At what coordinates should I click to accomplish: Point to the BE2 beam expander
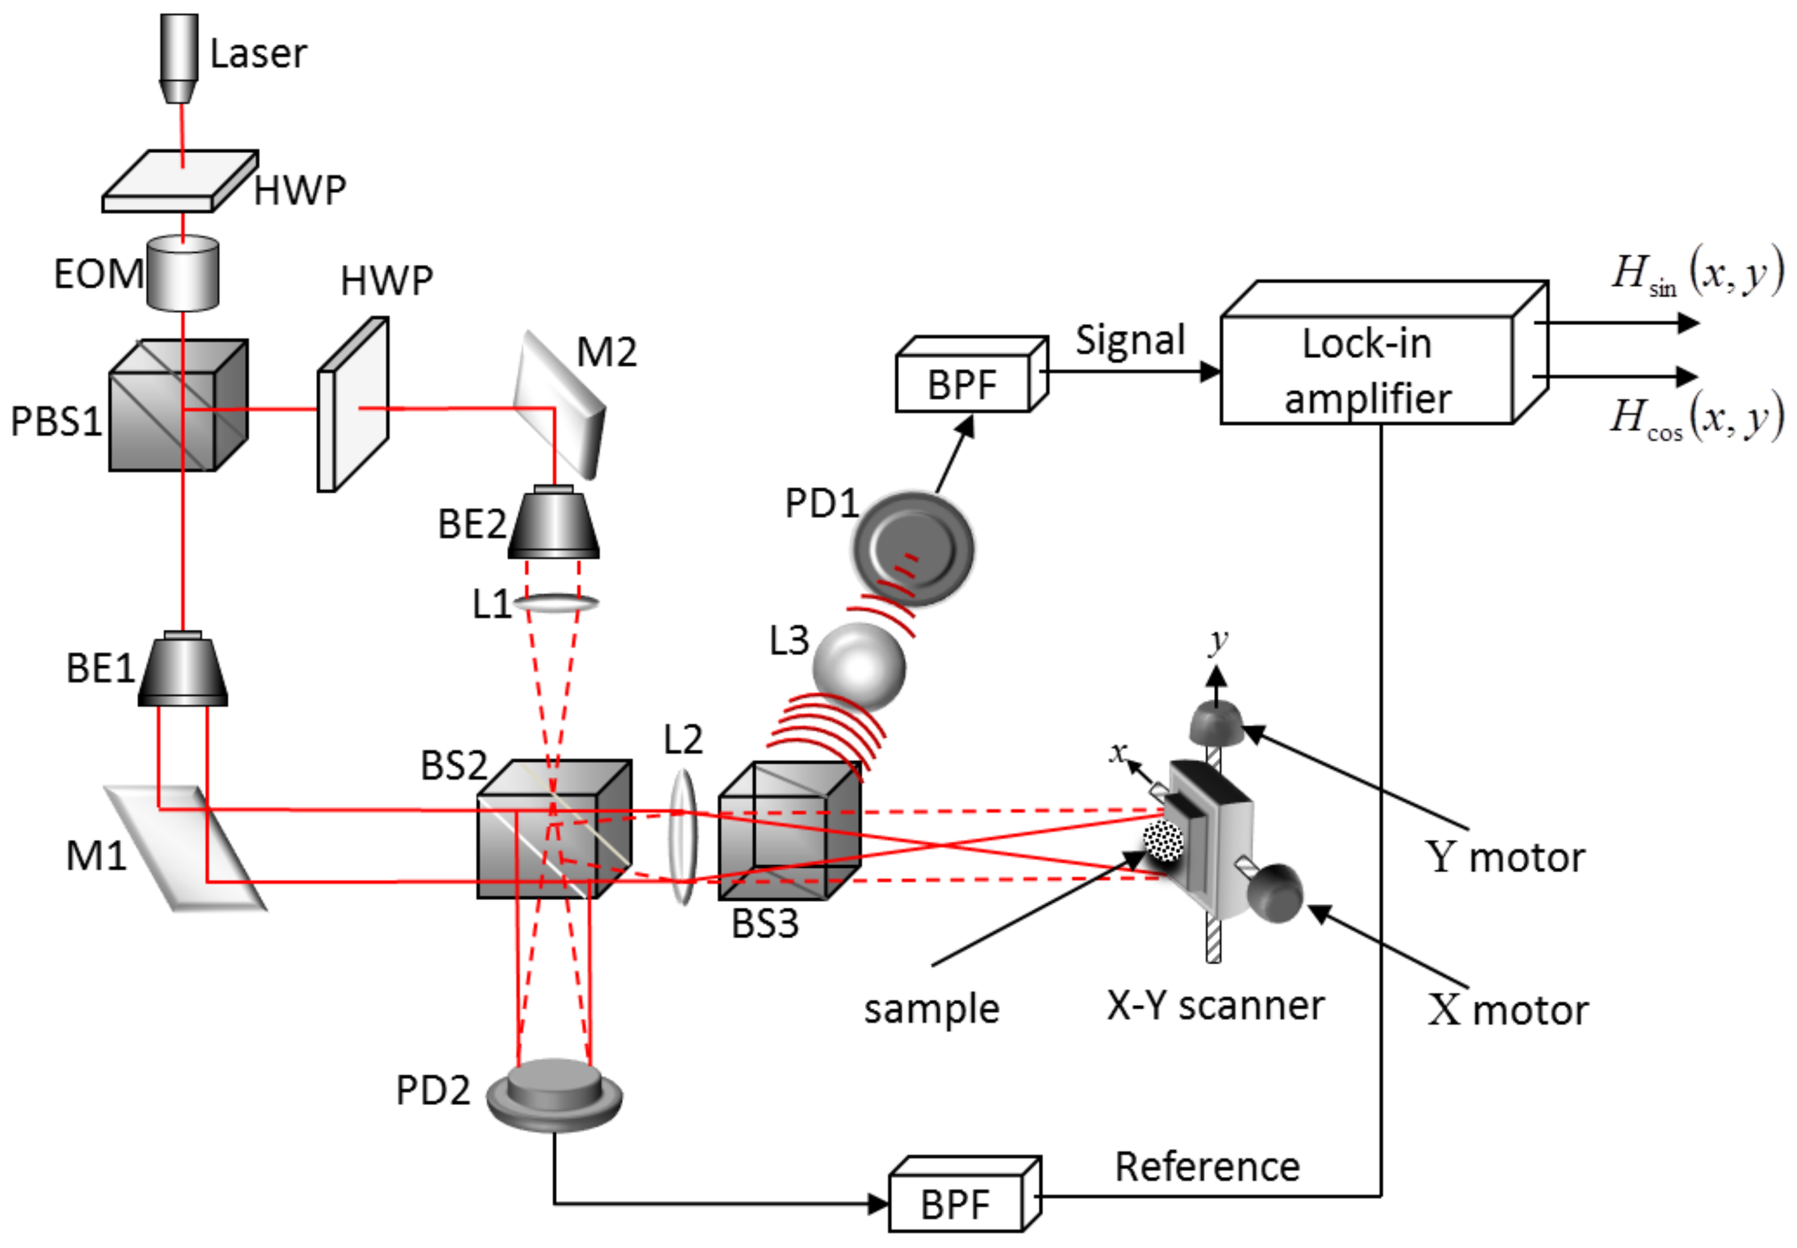[553, 522]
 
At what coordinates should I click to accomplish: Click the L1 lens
[556, 603]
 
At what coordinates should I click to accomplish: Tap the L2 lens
[683, 837]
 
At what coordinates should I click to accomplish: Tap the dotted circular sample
[1163, 840]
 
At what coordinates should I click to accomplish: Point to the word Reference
[1207, 1167]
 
